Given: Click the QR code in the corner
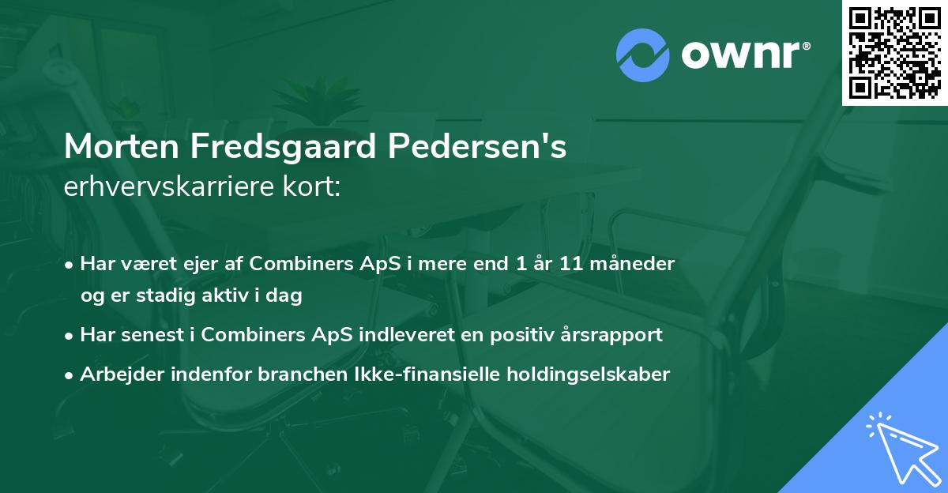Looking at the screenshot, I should point(895,52).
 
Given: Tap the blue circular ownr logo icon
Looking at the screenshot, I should point(642,55).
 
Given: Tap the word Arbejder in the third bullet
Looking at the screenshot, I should point(115,374).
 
